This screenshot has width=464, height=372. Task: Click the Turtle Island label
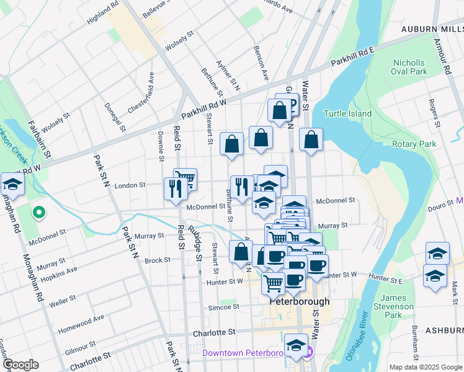pyautogui.click(x=347, y=113)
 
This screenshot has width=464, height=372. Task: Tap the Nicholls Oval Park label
pyautogui.click(x=409, y=67)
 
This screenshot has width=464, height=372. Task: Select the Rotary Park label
pyautogui.click(x=414, y=144)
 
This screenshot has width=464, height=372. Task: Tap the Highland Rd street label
pyautogui.click(x=102, y=12)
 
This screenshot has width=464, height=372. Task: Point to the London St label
pyautogui.click(x=129, y=185)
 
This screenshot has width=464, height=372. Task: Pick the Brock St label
pyautogui.click(x=158, y=260)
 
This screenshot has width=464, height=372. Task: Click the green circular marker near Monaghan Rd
pyautogui.click(x=38, y=213)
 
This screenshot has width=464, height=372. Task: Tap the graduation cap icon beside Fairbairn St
pyautogui.click(x=12, y=184)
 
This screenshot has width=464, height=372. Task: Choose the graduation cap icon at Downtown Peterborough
pyautogui.click(x=297, y=345)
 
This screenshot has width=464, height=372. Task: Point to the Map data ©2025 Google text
pyautogui.click(x=425, y=367)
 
